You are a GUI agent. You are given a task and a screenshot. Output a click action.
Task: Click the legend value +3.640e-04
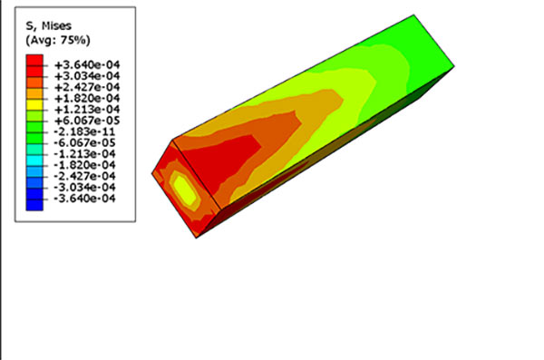pos(87,65)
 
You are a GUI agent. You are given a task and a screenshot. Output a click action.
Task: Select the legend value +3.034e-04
pos(87,76)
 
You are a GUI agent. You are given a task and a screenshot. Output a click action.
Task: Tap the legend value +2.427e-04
pos(87,87)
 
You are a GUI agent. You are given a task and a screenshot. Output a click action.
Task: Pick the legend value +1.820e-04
pos(87,98)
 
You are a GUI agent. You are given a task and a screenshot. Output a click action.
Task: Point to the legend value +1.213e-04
pos(87,110)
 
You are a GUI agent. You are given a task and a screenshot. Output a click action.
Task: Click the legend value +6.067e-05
pos(87,121)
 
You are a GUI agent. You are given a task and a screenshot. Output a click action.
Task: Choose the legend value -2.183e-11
pos(84,131)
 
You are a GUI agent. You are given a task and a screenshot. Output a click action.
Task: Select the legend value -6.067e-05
pos(84,142)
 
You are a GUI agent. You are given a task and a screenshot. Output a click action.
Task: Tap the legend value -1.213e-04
pos(84,154)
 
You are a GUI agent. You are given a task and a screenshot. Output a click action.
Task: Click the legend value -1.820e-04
pos(84,165)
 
